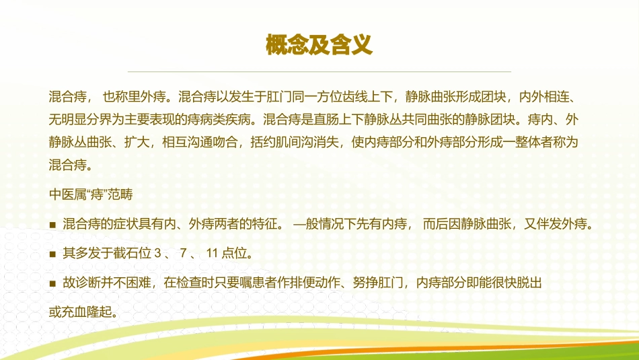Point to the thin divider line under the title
coord(319,71)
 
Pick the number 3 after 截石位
coord(157,254)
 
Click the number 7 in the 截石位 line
coord(182,254)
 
